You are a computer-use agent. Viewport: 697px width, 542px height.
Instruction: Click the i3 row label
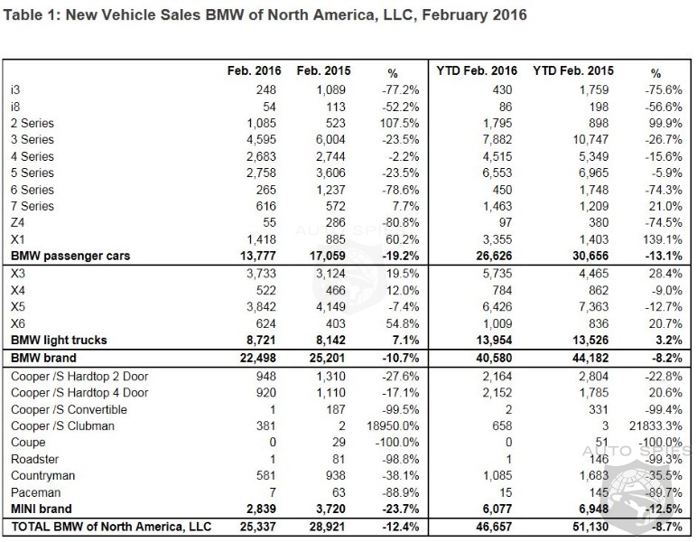(x=15, y=89)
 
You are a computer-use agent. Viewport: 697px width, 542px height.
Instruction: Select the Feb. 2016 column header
(x=255, y=71)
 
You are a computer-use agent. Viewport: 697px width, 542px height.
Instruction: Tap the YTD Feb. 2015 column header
(x=573, y=71)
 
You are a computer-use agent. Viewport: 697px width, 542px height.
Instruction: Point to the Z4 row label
(x=18, y=222)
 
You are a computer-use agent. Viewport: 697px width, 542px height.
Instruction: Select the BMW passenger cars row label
(x=70, y=256)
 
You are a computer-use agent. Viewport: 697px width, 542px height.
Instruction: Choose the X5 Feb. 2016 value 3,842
(x=264, y=306)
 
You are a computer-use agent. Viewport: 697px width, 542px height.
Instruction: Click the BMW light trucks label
(x=59, y=341)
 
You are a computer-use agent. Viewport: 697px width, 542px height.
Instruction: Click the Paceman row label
(x=35, y=493)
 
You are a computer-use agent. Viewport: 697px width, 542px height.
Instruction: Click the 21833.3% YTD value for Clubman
(x=656, y=425)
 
